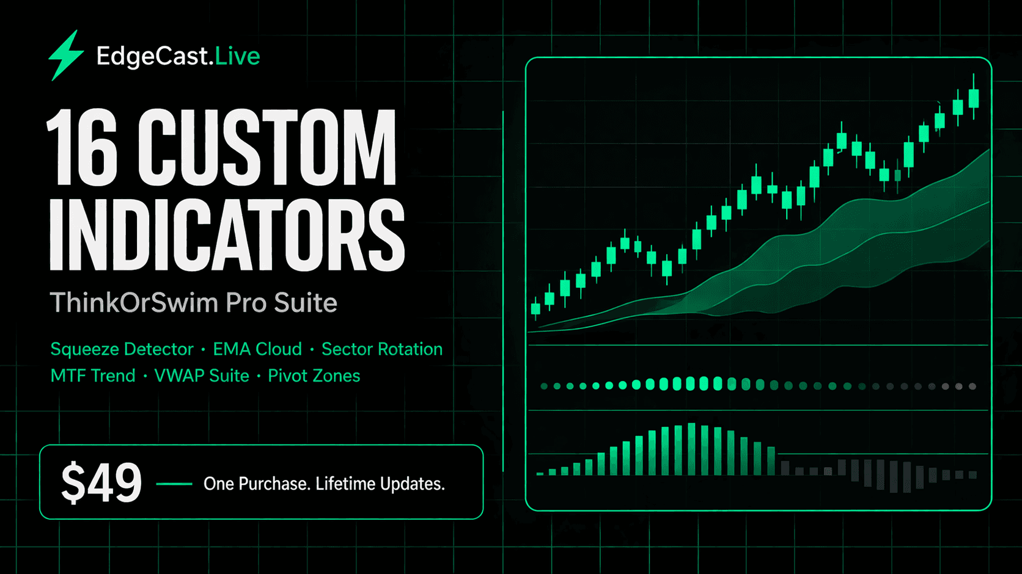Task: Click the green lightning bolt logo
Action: pyautogui.click(x=65, y=56)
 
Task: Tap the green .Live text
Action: pyautogui.click(x=237, y=56)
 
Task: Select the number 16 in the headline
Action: pyautogui.click(x=81, y=148)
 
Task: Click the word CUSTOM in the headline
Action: pyautogui.click(x=267, y=148)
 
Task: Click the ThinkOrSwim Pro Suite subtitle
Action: pyautogui.click(x=193, y=303)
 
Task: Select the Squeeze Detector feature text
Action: pyautogui.click(x=122, y=349)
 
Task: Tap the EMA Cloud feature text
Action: pyautogui.click(x=257, y=349)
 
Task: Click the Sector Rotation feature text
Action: pyautogui.click(x=382, y=349)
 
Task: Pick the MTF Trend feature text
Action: pyautogui.click(x=93, y=376)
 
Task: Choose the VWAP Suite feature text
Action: pyautogui.click(x=202, y=376)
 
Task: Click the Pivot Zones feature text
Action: pyautogui.click(x=314, y=376)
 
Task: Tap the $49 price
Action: pyautogui.click(x=101, y=483)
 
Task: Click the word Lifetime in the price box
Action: pyautogui.click(x=345, y=484)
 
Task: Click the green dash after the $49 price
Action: pyautogui.click(x=174, y=484)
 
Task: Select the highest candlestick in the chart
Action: pyautogui.click(x=974, y=98)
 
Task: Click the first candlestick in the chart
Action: pyautogui.click(x=536, y=308)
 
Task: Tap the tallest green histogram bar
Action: pyautogui.click(x=691, y=449)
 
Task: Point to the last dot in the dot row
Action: pyautogui.click(x=972, y=387)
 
